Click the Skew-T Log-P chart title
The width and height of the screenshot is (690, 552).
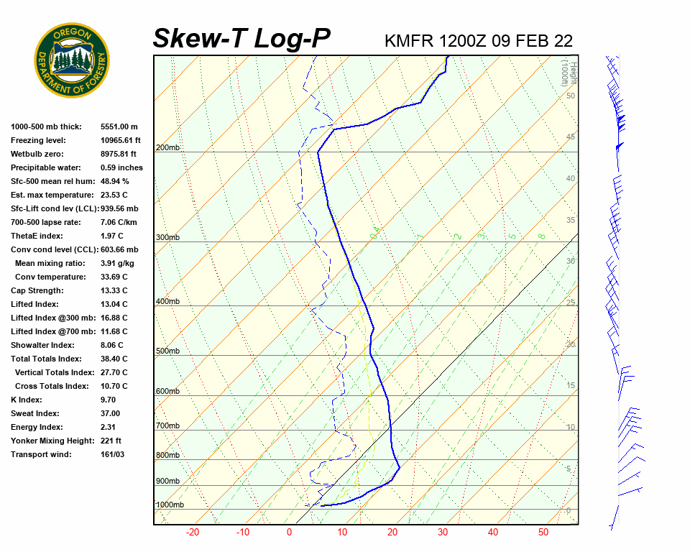click(241, 39)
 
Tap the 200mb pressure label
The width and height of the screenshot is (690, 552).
click(168, 148)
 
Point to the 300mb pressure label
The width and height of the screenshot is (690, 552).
click(168, 238)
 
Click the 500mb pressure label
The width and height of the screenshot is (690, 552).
click(168, 351)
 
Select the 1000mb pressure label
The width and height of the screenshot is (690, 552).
click(170, 505)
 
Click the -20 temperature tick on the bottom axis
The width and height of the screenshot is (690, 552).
click(193, 533)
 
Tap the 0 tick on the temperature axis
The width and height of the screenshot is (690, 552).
click(289, 533)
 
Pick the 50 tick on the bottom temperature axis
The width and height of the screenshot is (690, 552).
click(543, 533)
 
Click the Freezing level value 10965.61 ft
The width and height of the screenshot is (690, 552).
click(121, 141)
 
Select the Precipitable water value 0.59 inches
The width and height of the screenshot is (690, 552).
click(121, 168)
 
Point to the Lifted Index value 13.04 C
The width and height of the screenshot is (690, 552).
click(114, 305)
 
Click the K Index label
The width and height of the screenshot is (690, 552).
click(27, 400)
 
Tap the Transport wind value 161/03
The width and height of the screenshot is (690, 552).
click(113, 455)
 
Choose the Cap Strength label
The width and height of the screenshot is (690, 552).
click(37, 291)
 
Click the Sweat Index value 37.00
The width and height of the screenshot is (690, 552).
click(110, 414)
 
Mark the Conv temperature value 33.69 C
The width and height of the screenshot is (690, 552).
click(114, 277)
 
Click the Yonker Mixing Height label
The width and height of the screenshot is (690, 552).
click(49, 441)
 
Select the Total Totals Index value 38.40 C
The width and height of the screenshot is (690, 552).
click(114, 359)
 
